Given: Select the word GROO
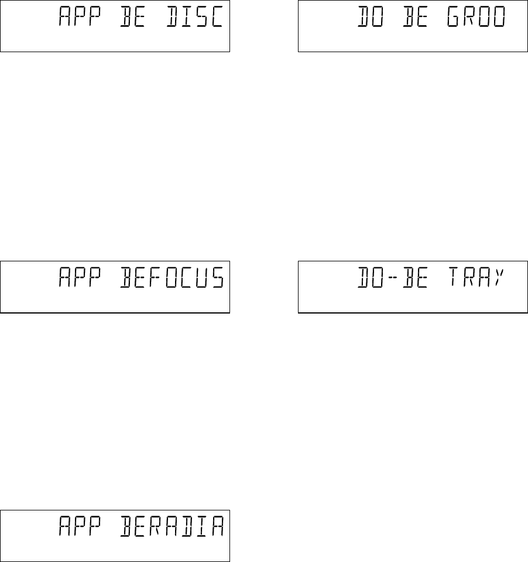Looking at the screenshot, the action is [x=482, y=19].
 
